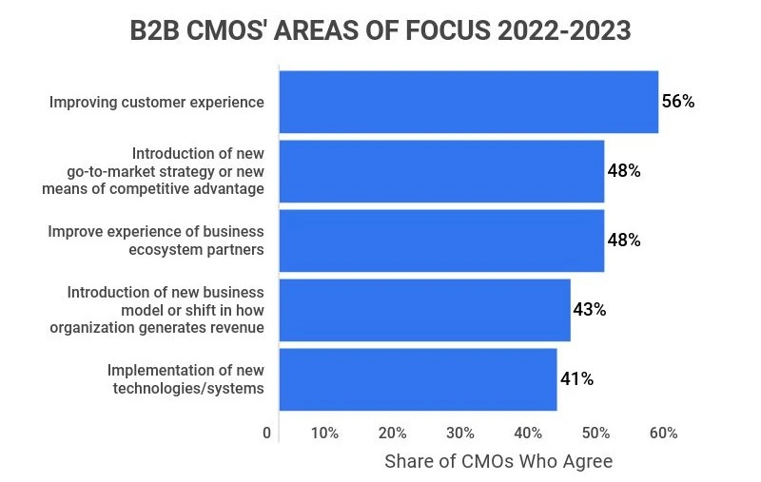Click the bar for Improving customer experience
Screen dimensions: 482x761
click(468, 102)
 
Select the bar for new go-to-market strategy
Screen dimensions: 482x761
click(441, 171)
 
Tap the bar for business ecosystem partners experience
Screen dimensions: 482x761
click(441, 241)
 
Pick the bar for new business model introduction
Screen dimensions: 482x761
click(424, 310)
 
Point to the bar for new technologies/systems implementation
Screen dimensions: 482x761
click(418, 379)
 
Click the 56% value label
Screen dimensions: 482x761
click(678, 102)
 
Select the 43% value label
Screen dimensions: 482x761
click(589, 310)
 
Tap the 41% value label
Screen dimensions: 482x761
click(576, 379)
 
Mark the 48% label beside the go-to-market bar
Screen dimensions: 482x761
click(624, 171)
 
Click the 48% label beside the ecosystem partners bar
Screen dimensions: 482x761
click(624, 241)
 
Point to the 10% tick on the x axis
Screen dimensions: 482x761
click(324, 434)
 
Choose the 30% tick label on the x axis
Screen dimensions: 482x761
click(459, 434)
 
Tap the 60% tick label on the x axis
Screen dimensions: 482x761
click(663, 434)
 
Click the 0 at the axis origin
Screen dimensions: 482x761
click(266, 434)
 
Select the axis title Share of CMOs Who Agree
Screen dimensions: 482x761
click(498, 462)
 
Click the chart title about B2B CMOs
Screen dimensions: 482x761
click(380, 31)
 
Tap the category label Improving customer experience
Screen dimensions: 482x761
click(157, 102)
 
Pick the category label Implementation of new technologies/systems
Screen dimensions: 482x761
click(185, 379)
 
